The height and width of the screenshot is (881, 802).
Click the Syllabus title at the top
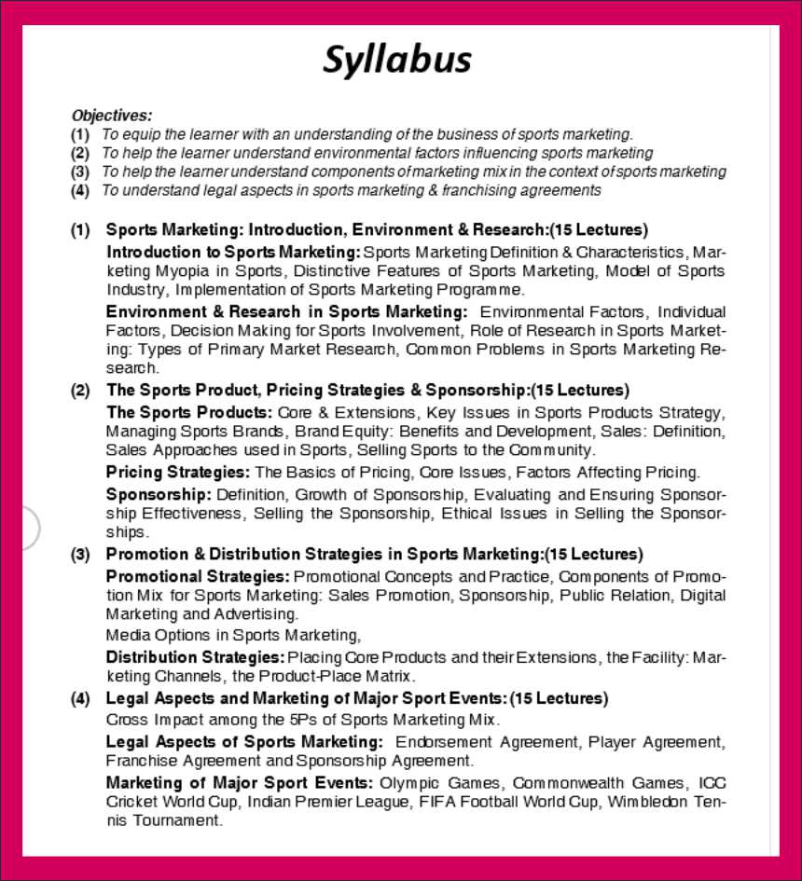click(x=397, y=60)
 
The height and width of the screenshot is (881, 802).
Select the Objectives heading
click(x=111, y=116)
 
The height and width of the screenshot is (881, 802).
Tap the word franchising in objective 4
click(x=465, y=190)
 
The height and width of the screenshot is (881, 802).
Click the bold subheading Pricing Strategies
click(x=177, y=472)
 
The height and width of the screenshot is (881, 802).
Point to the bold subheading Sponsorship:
click(x=159, y=494)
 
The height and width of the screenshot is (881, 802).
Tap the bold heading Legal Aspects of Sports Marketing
click(x=243, y=742)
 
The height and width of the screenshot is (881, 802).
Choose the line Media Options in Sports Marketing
click(x=233, y=636)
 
